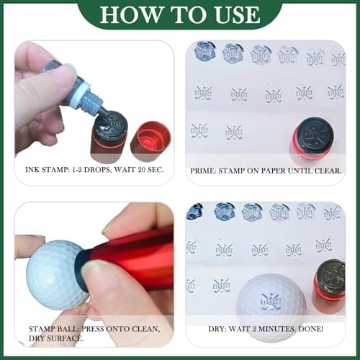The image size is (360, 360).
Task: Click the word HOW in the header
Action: pyautogui.click(x=125, y=14)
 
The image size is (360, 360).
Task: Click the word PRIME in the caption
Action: pyautogui.click(x=204, y=172)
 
